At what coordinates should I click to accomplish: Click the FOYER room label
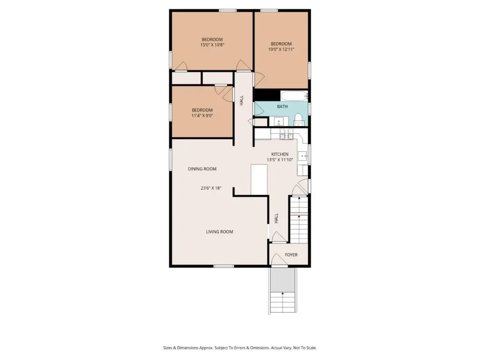pos(291,255)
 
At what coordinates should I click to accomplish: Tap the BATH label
pos(282,106)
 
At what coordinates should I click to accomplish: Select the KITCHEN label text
pos(280,154)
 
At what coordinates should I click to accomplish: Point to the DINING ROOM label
pos(202,169)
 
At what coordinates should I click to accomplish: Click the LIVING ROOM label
pos(219,232)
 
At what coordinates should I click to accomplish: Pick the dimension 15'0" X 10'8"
pos(212,45)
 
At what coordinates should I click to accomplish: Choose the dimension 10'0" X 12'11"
pos(281,49)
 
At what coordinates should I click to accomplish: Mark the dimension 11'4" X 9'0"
pos(202,115)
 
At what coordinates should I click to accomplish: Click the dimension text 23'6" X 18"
pos(211,188)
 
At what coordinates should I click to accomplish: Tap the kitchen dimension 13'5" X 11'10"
pos(280,159)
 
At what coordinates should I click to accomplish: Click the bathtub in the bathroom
pos(294,96)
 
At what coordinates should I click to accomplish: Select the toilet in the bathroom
pos(299,120)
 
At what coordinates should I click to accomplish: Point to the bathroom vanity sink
pos(278,121)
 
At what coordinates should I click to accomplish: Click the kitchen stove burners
pos(286,134)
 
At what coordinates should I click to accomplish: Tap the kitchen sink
pos(303,157)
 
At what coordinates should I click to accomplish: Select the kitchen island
pos(259,180)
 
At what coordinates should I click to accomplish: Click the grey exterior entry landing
pos(282,279)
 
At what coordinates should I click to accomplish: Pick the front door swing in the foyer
pos(279,259)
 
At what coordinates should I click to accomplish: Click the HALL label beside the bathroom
pos(241,100)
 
